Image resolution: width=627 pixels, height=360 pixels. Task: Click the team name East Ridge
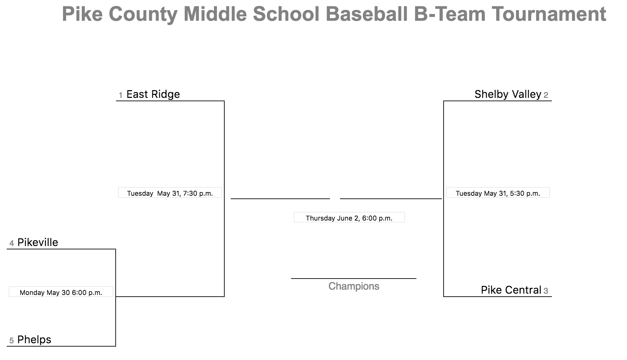pos(153,95)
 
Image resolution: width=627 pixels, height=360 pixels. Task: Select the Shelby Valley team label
pos(508,95)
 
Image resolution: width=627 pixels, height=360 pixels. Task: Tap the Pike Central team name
pos(511,290)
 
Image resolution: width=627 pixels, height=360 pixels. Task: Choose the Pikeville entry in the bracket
pos(38,242)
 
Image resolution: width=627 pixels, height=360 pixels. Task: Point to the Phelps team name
pos(34,340)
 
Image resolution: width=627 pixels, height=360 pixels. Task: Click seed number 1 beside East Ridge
pos(121,96)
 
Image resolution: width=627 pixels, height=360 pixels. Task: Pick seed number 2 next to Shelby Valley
pos(546,96)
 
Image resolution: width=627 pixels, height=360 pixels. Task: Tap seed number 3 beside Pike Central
pos(546,291)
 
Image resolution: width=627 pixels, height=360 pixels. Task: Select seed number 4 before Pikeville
pos(12,243)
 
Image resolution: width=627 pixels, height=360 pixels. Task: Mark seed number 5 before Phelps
pos(12,341)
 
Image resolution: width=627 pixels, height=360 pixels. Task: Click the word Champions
pos(354,286)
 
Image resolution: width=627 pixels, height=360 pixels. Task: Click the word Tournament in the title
pos(549,14)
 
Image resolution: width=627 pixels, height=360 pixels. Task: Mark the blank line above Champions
pos(354,278)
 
